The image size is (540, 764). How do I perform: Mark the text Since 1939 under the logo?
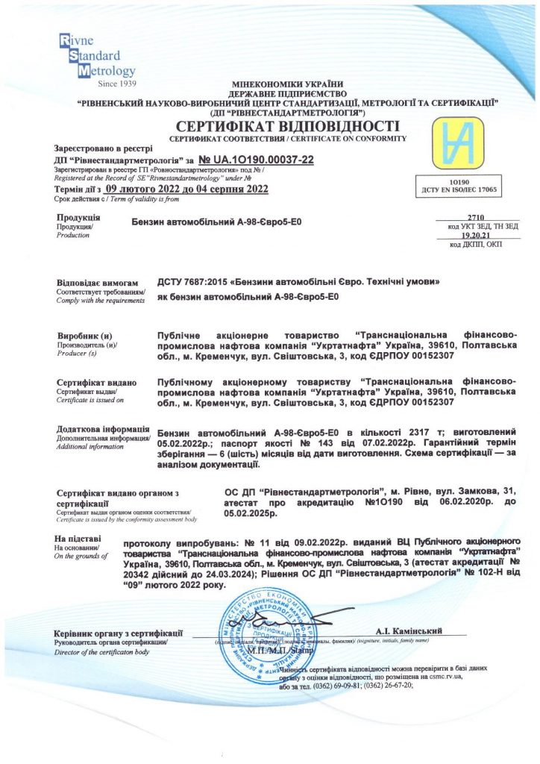click(x=119, y=84)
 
